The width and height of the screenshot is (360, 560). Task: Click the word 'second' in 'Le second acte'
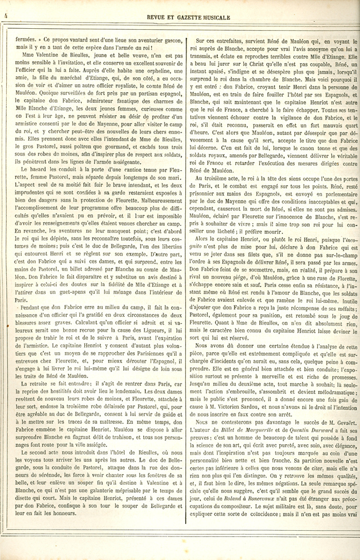tap(35, 437)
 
